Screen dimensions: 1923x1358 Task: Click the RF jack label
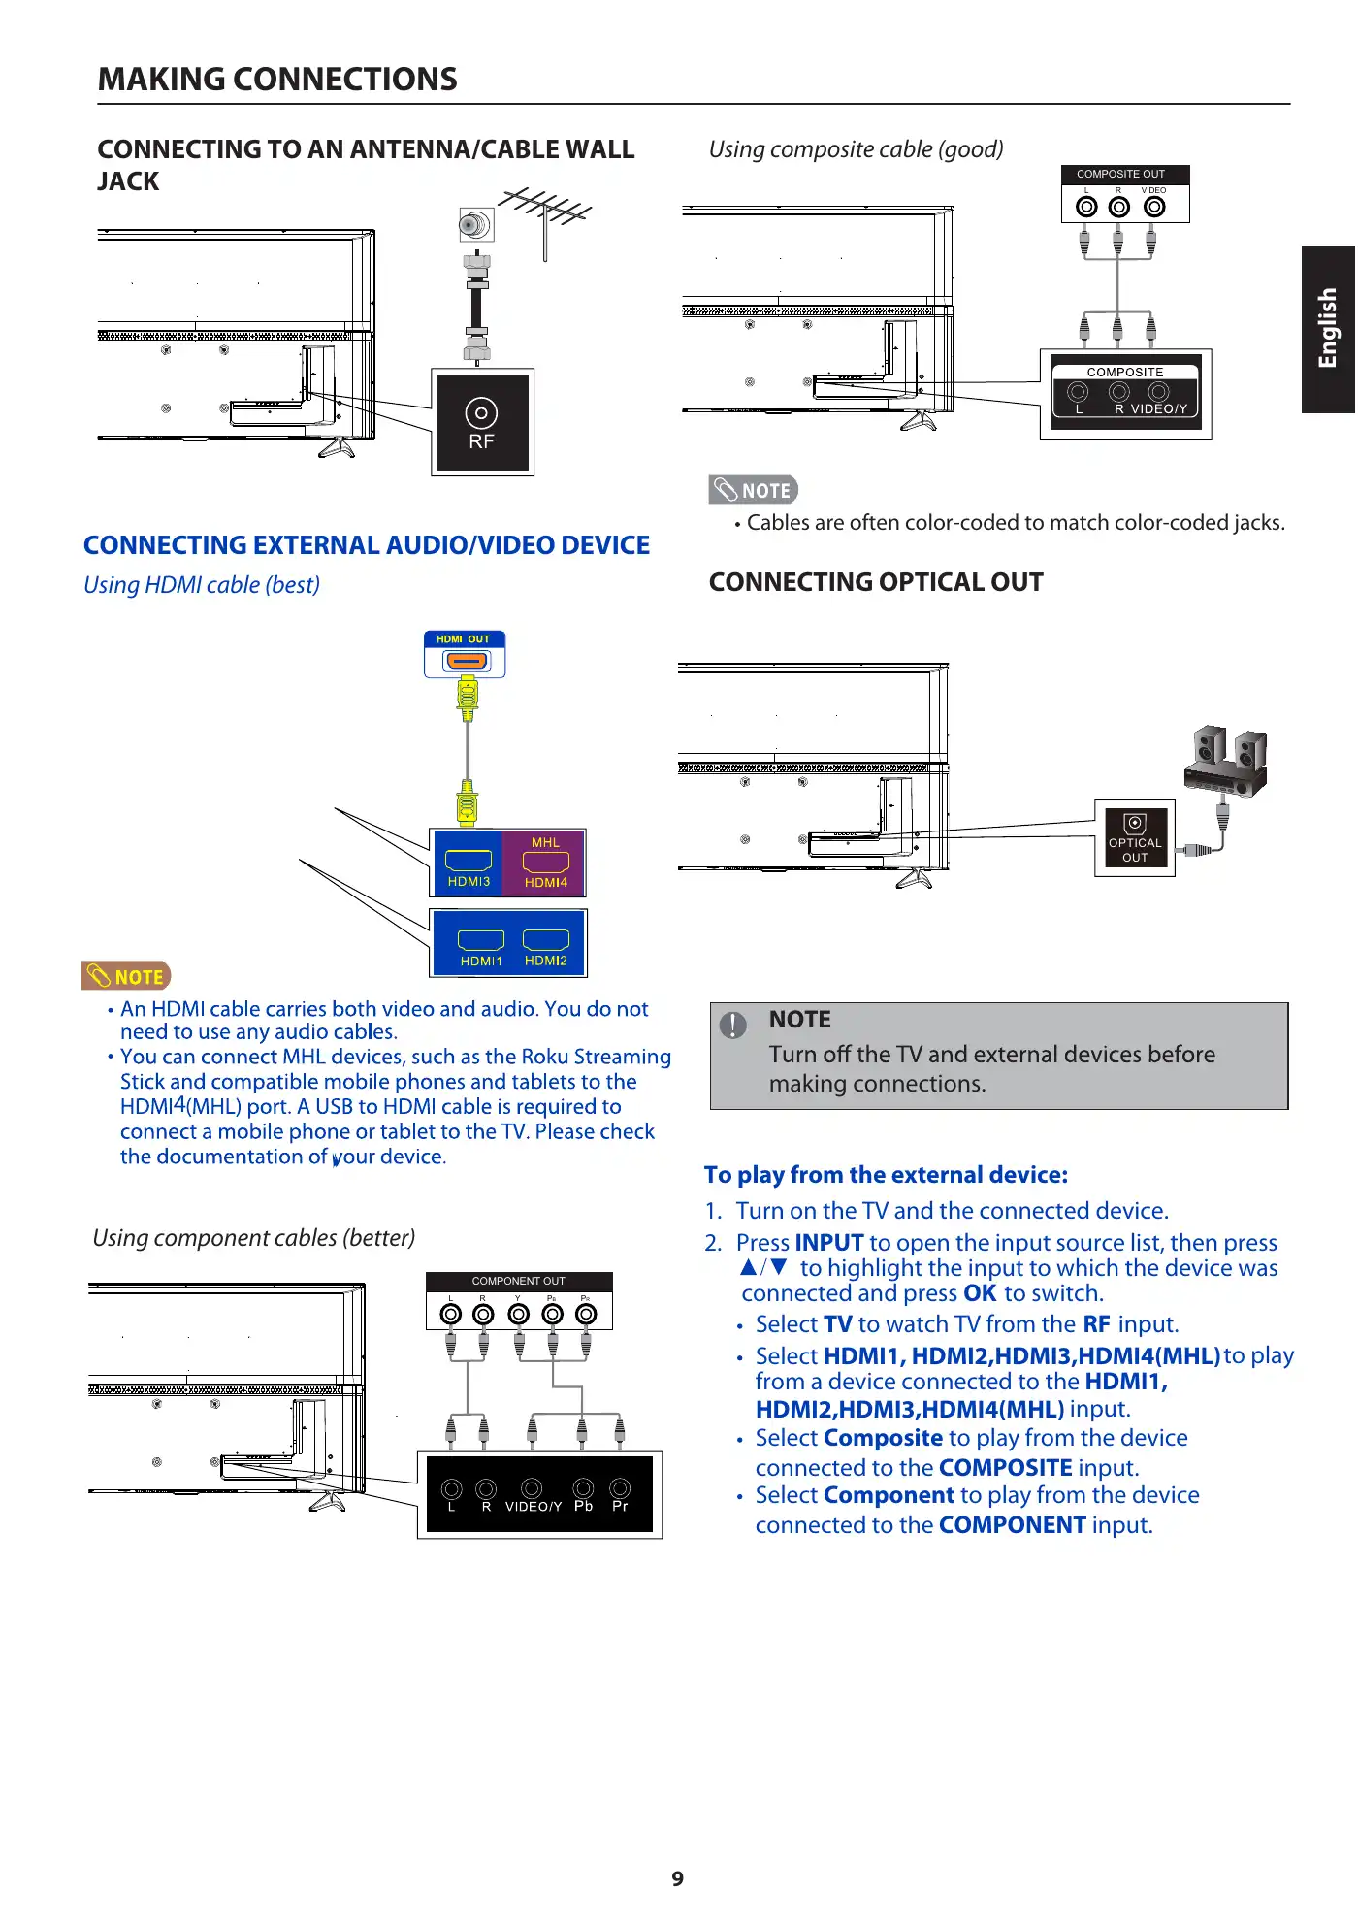coord(481,441)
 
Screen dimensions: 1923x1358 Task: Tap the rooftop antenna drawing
coord(546,213)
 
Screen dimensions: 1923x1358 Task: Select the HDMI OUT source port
coord(466,660)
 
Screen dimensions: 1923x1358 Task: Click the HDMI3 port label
coord(469,882)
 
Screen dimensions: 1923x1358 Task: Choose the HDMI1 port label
coord(481,961)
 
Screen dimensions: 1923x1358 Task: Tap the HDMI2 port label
coord(545,961)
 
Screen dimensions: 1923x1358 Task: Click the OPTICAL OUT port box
coord(1134,839)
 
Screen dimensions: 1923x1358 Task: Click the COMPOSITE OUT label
coord(1120,175)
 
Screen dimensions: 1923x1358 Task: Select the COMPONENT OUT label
coord(518,1281)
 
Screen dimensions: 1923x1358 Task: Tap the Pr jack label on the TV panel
coord(620,1507)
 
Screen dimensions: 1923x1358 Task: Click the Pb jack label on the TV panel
coord(583,1507)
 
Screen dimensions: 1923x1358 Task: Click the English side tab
coord(1327,329)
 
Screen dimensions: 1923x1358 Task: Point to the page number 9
coord(678,1879)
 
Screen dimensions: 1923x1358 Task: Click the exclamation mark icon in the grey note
coord(733,1025)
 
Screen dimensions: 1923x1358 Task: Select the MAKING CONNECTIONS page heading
coord(277,80)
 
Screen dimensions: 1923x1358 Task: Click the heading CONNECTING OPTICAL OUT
coord(876,582)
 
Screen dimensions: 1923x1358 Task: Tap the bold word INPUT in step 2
coord(828,1243)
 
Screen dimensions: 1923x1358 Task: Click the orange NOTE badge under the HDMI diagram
coord(126,976)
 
